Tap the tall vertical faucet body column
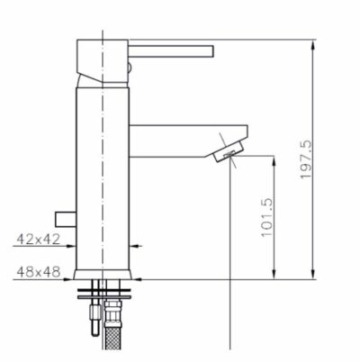click(103, 171)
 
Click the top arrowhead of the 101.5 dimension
click(271, 159)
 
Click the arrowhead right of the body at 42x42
click(136, 244)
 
